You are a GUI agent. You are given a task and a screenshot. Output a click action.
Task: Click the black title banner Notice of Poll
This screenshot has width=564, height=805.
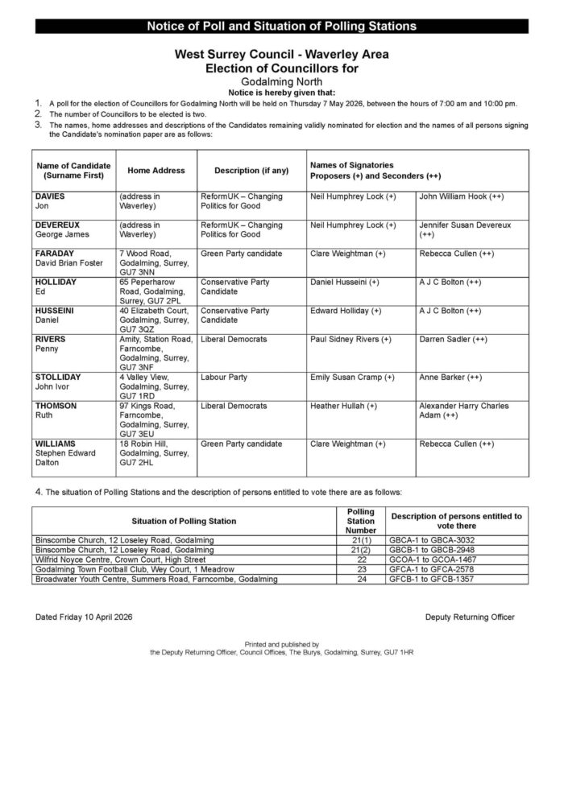(281, 27)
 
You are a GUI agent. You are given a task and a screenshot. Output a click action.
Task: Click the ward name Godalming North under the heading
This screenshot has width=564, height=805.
(281, 82)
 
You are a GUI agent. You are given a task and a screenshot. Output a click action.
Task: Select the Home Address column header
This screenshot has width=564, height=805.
(156, 171)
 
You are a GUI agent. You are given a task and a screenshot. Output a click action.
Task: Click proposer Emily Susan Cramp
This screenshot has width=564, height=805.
(351, 377)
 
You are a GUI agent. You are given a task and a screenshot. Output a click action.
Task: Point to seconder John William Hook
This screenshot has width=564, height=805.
(462, 196)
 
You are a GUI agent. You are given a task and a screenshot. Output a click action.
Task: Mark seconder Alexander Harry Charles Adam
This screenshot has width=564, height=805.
(463, 411)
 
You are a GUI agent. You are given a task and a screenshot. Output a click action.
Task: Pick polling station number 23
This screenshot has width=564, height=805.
(360, 568)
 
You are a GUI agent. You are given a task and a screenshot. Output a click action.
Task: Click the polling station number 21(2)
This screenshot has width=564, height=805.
(360, 549)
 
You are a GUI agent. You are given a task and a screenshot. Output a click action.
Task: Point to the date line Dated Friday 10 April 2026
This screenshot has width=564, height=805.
(84, 617)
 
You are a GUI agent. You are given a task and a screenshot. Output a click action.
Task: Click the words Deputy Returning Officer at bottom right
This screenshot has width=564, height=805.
(469, 617)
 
